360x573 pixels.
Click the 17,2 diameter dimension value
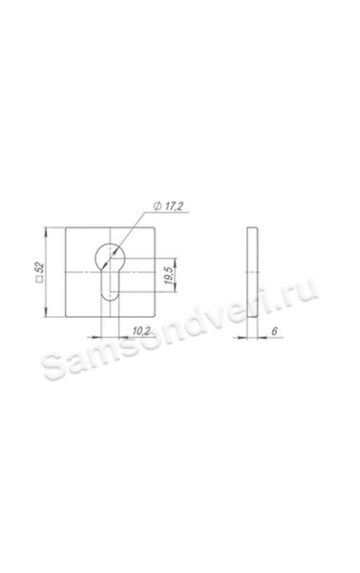pos(173,206)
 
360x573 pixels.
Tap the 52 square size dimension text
pos(40,267)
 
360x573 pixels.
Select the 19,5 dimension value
pos(168,276)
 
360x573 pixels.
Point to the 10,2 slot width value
pos(141,331)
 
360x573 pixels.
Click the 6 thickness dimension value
pos(274,331)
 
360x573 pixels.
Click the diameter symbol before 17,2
pos(158,206)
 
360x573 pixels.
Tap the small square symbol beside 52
pos(40,280)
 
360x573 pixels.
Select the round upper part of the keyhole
pos(110,256)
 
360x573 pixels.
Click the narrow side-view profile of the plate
pos(252,272)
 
